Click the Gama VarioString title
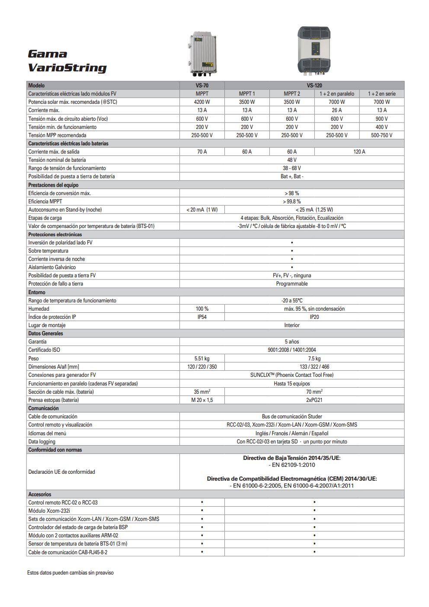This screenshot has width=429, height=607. point(67,61)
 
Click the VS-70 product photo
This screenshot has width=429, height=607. point(202,54)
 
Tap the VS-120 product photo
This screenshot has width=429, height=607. point(314,50)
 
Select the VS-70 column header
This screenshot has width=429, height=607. point(202,86)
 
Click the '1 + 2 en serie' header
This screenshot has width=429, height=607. point(382,94)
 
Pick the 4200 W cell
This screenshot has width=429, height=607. point(202,102)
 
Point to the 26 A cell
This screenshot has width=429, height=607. point(337,110)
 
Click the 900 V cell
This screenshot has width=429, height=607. point(382,119)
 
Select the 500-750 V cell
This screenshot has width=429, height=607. point(382,135)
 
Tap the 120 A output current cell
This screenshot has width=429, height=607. point(359,152)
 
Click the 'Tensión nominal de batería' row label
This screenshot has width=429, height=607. point(57,160)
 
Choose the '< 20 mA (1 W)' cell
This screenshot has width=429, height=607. point(202,210)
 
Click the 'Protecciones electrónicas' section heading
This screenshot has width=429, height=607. point(55,234)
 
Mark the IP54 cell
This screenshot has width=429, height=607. point(202,317)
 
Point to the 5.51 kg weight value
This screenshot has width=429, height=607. point(202,359)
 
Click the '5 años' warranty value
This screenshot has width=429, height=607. point(292,342)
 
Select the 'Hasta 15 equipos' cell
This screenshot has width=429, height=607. point(292,384)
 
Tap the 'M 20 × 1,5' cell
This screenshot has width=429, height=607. point(202,400)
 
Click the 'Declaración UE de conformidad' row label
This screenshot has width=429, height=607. point(61,472)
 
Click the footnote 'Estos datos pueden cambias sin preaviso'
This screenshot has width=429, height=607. point(70,573)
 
